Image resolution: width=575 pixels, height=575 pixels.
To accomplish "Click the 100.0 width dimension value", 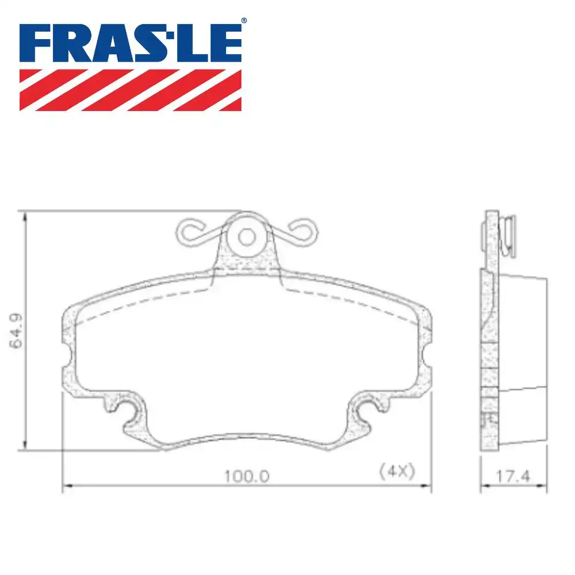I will pos(247,476).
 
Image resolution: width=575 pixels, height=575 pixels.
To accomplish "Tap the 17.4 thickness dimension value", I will pos(513,476).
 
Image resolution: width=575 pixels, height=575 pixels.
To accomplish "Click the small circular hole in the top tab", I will pos(247,236).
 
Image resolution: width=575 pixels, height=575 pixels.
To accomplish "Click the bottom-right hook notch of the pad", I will pos(367,412).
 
